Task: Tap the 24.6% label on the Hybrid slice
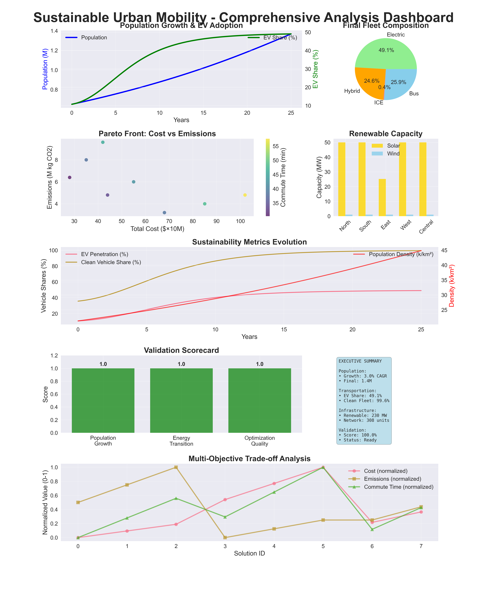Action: coord(372,81)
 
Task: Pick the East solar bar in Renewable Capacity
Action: coord(382,197)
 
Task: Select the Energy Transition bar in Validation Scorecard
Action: coord(181,400)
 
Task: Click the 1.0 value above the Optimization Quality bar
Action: coord(259,364)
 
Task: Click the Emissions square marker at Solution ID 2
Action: coord(176,467)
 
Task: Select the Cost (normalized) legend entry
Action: coord(385,471)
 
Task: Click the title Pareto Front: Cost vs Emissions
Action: coord(157,134)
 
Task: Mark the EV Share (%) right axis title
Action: coord(315,69)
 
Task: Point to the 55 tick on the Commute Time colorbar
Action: coord(276,146)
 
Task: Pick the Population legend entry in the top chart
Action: coord(94,37)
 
